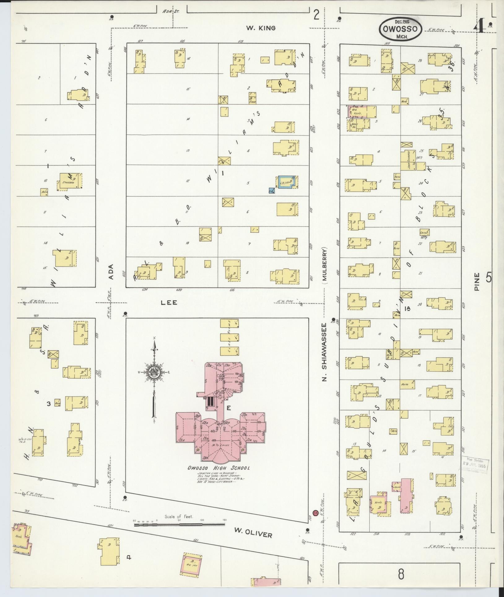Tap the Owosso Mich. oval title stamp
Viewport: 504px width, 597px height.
click(400, 29)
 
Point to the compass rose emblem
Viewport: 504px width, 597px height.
click(154, 372)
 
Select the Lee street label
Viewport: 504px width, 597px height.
click(169, 303)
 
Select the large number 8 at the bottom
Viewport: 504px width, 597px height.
click(401, 574)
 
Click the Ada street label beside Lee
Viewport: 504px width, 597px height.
click(111, 271)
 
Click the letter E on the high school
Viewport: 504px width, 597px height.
click(228, 408)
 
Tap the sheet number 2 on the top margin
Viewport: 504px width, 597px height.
click(316, 15)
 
